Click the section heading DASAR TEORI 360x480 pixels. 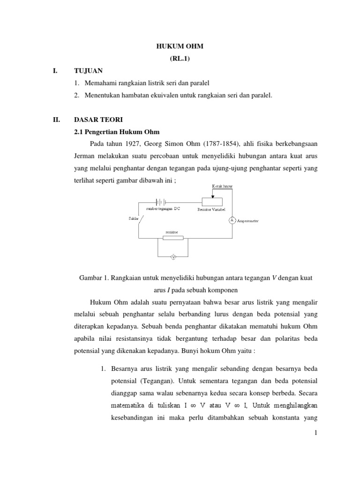[97, 120]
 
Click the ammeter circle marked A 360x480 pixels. [231, 219]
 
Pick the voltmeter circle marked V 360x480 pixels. [173, 257]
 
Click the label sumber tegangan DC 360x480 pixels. [163, 209]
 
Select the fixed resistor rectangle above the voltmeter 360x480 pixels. [173, 238]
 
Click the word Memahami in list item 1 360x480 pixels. [100, 83]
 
